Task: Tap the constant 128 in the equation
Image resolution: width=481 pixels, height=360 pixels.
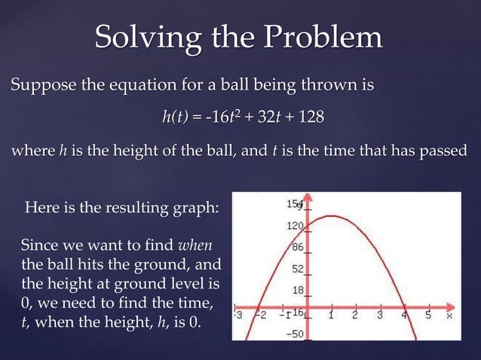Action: pos(310,117)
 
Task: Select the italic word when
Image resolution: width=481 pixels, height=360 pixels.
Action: pos(195,246)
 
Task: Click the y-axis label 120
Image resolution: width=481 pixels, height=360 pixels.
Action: pos(296,226)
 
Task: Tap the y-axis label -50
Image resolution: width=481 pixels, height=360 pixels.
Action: pos(296,333)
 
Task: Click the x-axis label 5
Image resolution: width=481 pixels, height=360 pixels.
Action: pos(427,316)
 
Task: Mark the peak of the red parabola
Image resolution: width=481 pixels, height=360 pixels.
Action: pos(330,217)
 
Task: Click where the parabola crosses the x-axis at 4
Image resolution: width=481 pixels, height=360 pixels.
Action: pos(405,307)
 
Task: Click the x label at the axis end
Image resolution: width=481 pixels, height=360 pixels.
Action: pos(449,316)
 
